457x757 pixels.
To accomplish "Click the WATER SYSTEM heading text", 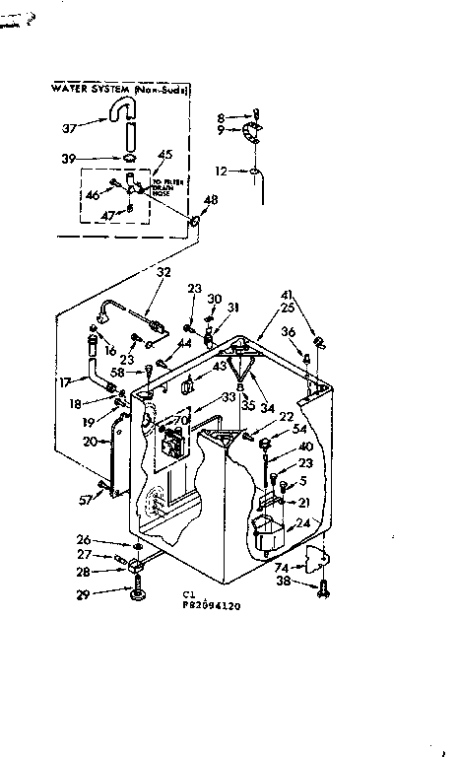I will pyautogui.click(x=119, y=89).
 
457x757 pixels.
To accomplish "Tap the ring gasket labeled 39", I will pyautogui.click(x=129, y=158).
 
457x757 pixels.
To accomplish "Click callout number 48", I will pyautogui.click(x=209, y=200).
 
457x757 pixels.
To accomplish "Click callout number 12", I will pyautogui.click(x=222, y=171).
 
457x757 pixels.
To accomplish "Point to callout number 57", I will pyautogui.click(x=86, y=500).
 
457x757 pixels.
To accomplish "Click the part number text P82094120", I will pyautogui.click(x=213, y=607).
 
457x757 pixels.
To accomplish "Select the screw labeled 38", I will pyautogui.click(x=325, y=587).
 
